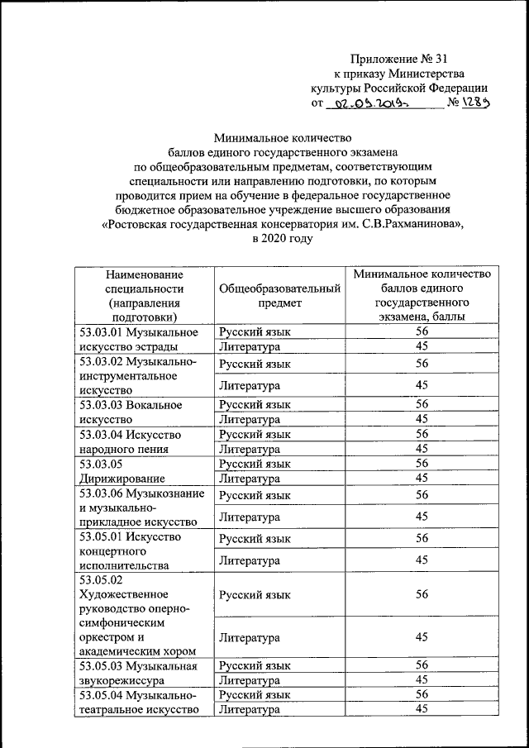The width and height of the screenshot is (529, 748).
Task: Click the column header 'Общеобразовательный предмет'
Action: pyautogui.click(x=280, y=295)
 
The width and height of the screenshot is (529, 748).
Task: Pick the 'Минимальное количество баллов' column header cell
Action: pyautogui.click(x=422, y=294)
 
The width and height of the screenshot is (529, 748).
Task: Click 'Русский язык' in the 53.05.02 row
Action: pyautogui.click(x=255, y=594)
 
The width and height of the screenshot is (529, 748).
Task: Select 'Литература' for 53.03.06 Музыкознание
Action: pyautogui.click(x=250, y=517)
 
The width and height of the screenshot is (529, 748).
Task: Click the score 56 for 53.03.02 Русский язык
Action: pyautogui.click(x=422, y=364)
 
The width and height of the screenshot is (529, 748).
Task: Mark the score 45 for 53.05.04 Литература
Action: pyautogui.click(x=422, y=709)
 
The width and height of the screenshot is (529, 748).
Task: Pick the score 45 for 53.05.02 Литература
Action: pyautogui.click(x=422, y=637)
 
